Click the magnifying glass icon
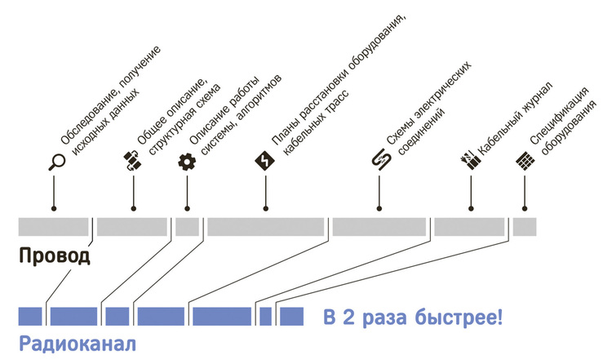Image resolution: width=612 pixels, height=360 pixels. tap(57, 162)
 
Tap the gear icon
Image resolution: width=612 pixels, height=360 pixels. tap(187, 162)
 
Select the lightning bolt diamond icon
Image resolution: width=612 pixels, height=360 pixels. tap(264, 161)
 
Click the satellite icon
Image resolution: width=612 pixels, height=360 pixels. tap(133, 161)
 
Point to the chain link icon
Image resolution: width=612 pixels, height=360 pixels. tap(381, 159)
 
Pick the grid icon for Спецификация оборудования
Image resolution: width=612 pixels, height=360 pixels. tap(526, 161)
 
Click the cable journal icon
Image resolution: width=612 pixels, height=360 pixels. tap(470, 160)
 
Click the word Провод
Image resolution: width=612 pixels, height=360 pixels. tap(55, 256)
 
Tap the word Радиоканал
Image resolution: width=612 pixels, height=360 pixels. tap(78, 344)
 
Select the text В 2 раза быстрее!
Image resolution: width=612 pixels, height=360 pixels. tap(413, 317)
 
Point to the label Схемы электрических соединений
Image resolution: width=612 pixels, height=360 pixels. tap(428, 108)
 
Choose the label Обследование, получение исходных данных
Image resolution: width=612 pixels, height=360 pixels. tap(110, 100)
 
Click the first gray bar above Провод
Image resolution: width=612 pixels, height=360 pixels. tap(54, 227)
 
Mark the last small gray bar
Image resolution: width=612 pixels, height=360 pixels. tap(525, 227)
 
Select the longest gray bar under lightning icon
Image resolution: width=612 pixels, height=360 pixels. tap(266, 227)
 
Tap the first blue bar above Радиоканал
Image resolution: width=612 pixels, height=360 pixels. tap(30, 316)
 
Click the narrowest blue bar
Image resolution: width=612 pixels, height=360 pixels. tap(266, 316)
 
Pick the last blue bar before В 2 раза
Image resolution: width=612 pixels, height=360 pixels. tap(291, 316)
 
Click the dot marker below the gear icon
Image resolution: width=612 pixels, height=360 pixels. tap(187, 208)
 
